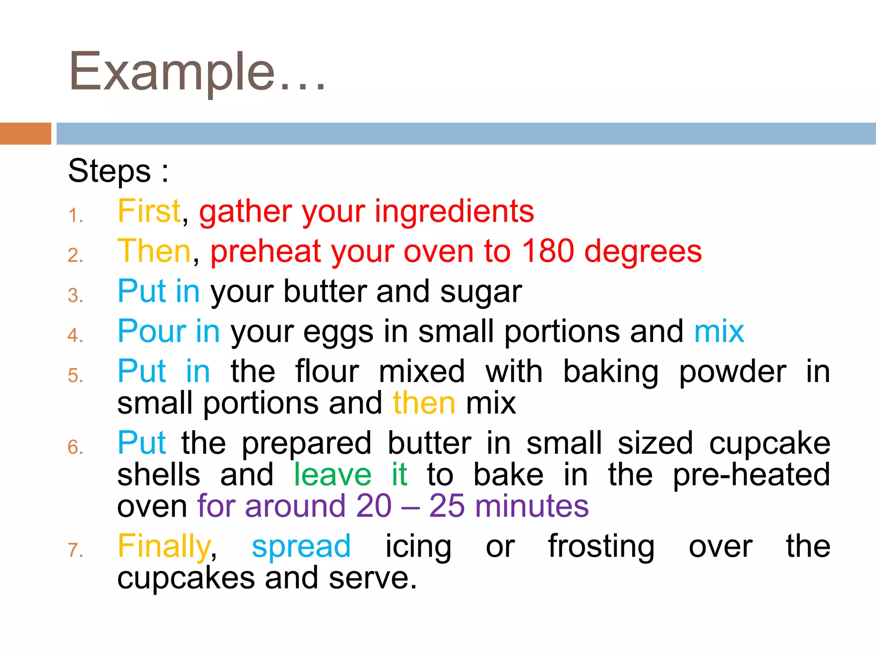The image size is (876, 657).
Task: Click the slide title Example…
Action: (x=197, y=72)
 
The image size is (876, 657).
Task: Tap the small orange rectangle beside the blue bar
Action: (x=25, y=133)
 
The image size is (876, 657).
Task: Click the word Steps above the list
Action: (x=109, y=171)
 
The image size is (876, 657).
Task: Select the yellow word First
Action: (x=149, y=211)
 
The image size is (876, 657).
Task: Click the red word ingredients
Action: (x=454, y=212)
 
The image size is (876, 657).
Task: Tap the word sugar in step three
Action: (x=481, y=292)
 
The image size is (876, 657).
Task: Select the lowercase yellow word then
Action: (x=424, y=403)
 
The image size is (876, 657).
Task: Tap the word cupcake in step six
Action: (x=769, y=444)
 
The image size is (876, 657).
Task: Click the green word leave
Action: (x=332, y=475)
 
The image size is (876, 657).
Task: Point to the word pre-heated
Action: (x=751, y=475)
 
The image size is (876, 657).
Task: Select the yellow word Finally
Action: (x=164, y=547)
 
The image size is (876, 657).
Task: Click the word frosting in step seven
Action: (x=601, y=547)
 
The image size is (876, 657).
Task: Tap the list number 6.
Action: (x=75, y=447)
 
